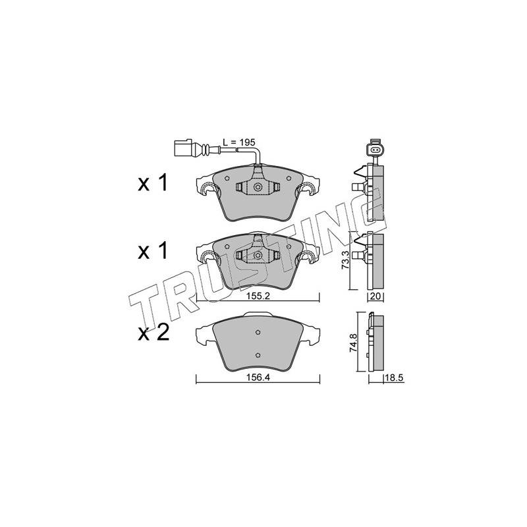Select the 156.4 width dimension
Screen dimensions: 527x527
(x=258, y=377)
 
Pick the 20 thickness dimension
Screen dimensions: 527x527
(x=375, y=296)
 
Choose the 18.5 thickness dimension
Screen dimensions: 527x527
(x=393, y=378)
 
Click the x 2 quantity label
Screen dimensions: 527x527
(x=153, y=333)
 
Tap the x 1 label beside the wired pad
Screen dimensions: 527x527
(x=152, y=184)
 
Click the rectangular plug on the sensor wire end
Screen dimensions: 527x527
(x=183, y=148)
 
